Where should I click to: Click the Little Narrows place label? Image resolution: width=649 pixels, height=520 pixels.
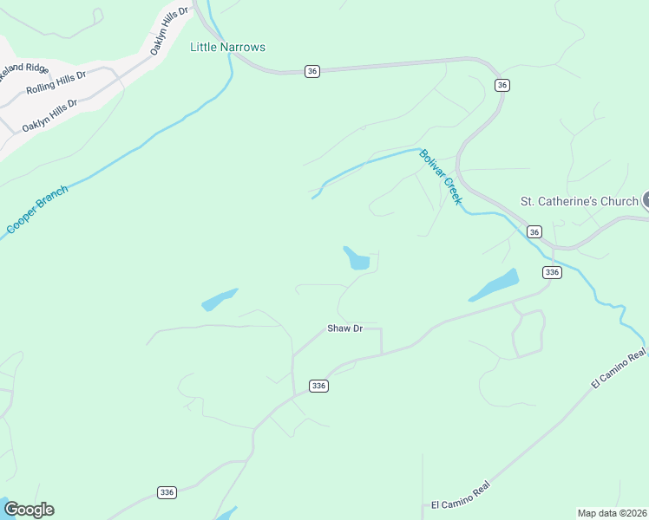click(227, 47)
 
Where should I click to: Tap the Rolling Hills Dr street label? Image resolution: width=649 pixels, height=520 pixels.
click(56, 82)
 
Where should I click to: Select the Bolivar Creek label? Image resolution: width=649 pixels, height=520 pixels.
click(440, 177)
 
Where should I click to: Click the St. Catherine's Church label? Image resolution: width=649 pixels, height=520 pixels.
click(579, 202)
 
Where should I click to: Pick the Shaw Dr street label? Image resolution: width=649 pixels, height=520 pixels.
click(344, 328)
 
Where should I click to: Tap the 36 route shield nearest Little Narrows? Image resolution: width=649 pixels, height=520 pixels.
click(312, 71)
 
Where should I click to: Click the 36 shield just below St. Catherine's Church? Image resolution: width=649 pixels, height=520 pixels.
click(534, 231)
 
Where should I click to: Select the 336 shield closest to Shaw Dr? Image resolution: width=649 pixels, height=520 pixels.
click(318, 386)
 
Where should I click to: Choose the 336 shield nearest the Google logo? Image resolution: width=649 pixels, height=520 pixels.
click(167, 491)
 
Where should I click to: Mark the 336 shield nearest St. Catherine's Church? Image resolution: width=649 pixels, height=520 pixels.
click(552, 272)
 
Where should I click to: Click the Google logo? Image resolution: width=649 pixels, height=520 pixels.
click(29, 510)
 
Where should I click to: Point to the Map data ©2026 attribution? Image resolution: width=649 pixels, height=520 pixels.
click(613, 512)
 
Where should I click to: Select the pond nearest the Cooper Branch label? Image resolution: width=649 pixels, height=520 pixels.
click(220, 299)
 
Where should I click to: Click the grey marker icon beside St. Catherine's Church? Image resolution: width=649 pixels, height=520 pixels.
click(646, 201)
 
